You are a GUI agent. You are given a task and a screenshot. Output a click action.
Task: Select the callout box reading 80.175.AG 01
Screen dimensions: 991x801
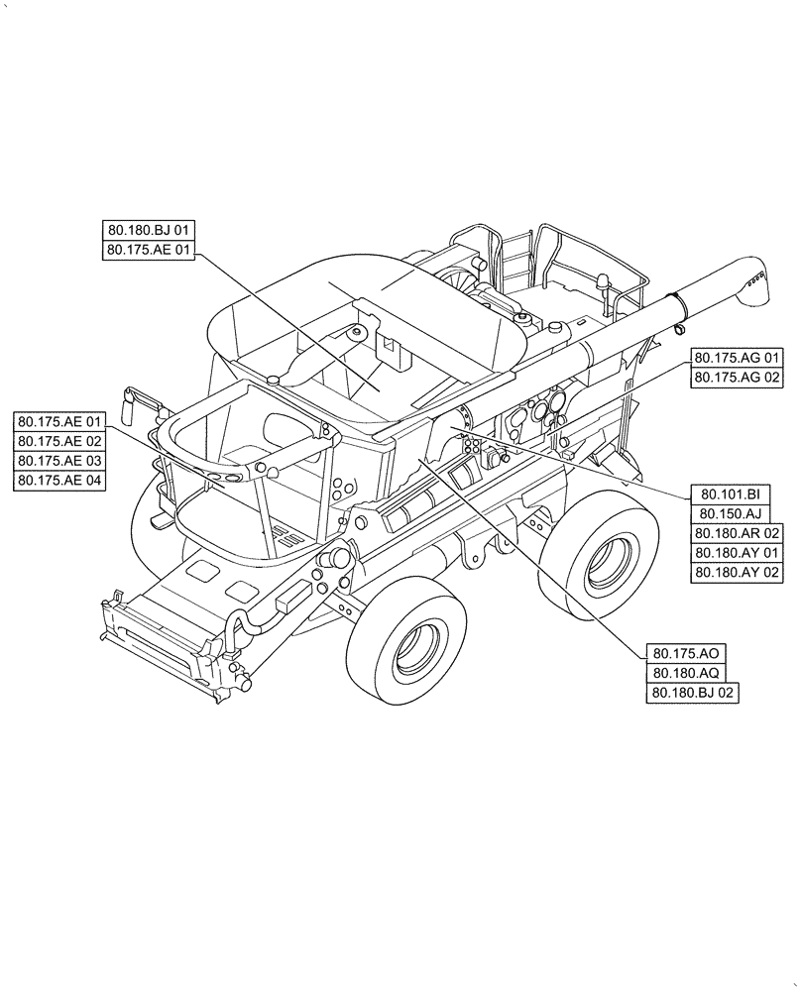(737, 358)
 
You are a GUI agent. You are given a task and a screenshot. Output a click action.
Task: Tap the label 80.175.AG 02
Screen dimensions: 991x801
(737, 378)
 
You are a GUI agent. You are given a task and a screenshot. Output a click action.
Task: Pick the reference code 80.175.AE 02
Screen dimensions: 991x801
(60, 441)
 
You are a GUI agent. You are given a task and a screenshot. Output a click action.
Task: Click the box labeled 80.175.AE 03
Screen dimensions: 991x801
(60, 461)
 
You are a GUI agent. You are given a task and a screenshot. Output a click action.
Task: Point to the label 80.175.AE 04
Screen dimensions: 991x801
(60, 481)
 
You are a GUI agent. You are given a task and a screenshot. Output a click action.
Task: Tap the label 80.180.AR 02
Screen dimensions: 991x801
(737, 533)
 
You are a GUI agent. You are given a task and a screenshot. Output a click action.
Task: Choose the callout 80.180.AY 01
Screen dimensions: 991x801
(737, 553)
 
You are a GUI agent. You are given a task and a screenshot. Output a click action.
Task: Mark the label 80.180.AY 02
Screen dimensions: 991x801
(737, 573)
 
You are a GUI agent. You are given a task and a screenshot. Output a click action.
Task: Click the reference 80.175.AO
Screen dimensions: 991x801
(685, 653)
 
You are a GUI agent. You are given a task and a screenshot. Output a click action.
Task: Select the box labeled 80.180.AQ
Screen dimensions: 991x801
(685, 674)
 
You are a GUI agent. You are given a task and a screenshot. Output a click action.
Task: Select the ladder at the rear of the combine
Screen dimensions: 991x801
(515, 258)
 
